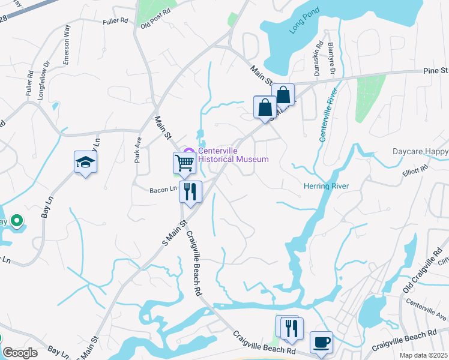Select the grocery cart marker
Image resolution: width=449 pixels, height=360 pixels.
(184, 162)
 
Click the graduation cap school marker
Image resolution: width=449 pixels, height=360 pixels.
(85, 162)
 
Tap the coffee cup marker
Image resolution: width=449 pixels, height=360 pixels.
(321, 341)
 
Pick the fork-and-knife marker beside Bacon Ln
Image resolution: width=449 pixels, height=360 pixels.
(190, 191)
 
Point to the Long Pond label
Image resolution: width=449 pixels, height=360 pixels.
(295, 34)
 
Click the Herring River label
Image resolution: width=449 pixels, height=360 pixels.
(326, 186)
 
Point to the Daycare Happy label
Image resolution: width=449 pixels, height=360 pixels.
(420, 152)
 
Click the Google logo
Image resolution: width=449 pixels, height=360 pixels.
(20, 353)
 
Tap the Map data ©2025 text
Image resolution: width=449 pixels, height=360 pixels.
(423, 355)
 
